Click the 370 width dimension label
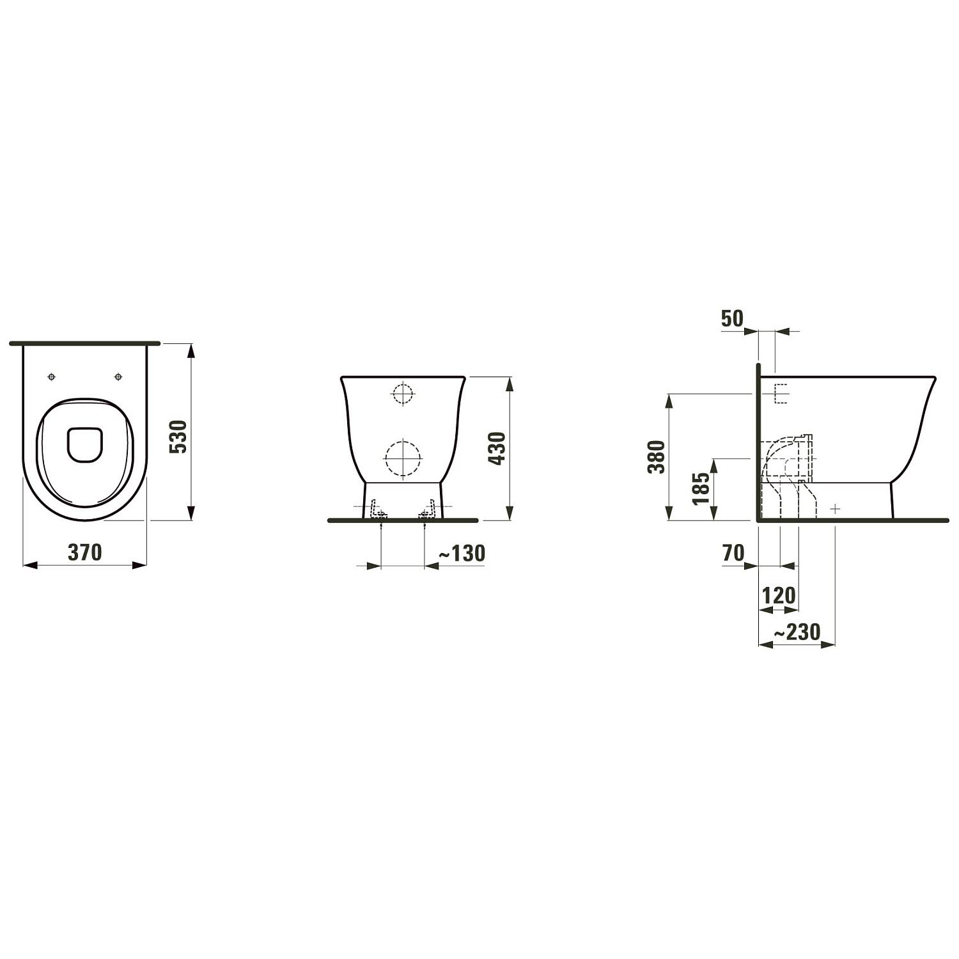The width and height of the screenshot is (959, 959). (x=84, y=552)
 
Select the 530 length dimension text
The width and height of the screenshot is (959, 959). (x=178, y=436)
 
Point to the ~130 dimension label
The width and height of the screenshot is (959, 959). (x=462, y=553)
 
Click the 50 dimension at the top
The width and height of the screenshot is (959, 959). (x=733, y=318)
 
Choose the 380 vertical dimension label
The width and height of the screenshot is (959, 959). (x=657, y=456)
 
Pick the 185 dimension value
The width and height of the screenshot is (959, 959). (x=701, y=488)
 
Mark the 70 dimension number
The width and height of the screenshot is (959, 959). (x=734, y=552)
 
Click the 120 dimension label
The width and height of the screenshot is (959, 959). (x=779, y=596)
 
